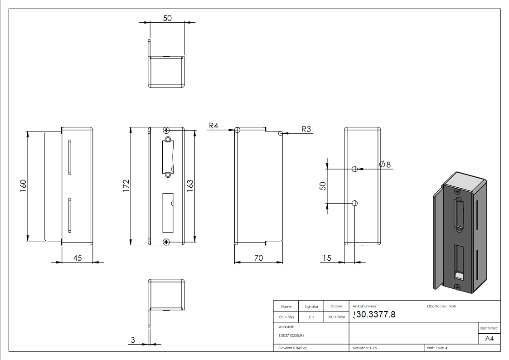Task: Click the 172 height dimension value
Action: click(x=126, y=185)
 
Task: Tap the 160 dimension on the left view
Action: click(x=24, y=185)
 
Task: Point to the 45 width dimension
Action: click(x=78, y=258)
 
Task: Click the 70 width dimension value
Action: click(x=258, y=258)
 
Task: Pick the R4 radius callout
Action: click(x=213, y=126)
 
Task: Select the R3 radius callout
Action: click(x=306, y=129)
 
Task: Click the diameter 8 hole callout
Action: click(x=385, y=164)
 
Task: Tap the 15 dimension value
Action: click(x=326, y=258)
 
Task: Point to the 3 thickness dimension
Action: click(x=133, y=340)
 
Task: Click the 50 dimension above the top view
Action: click(x=167, y=18)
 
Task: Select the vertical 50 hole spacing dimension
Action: click(x=323, y=185)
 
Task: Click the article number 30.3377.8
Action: click(x=374, y=314)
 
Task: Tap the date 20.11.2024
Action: click(x=336, y=317)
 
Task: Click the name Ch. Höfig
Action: click(x=286, y=317)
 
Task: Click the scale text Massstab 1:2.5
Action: click(x=366, y=348)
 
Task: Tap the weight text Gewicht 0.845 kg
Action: click(x=292, y=348)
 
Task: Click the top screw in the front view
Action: click(x=167, y=131)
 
